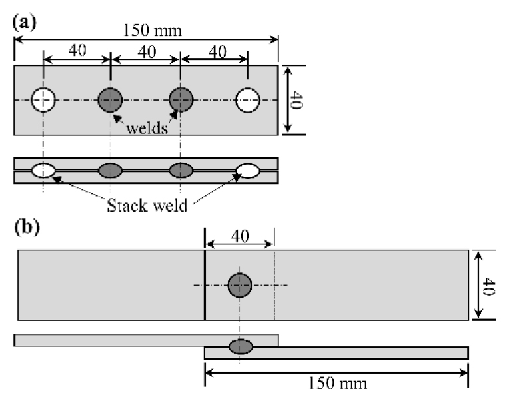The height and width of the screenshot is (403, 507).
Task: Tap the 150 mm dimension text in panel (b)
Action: pyautogui.click(x=337, y=384)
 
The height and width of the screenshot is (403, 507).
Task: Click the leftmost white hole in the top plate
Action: pyautogui.click(x=43, y=101)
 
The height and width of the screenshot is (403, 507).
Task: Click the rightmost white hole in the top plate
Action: pyautogui.click(x=248, y=101)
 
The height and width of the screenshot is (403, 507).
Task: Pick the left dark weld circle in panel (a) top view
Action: pyautogui.click(x=110, y=101)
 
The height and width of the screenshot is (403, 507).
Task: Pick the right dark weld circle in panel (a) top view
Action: pyautogui.click(x=180, y=101)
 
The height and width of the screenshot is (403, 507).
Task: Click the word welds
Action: pyautogui.click(x=146, y=128)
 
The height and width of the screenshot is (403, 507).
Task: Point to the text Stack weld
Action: pyautogui.click(x=145, y=203)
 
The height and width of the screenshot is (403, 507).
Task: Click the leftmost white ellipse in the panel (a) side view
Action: pyautogui.click(x=43, y=171)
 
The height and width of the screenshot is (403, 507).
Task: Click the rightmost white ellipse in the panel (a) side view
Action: pyautogui.click(x=248, y=171)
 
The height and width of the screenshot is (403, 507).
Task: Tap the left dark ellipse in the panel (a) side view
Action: pyautogui.click(x=110, y=171)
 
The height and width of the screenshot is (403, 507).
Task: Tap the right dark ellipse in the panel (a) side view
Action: pyautogui.click(x=180, y=171)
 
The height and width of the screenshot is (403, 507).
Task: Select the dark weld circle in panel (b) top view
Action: pyautogui.click(x=239, y=285)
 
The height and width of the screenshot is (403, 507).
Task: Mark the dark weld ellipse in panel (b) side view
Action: pyautogui.click(x=240, y=346)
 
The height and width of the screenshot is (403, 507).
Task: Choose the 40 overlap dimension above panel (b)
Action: pyautogui.click(x=240, y=235)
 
